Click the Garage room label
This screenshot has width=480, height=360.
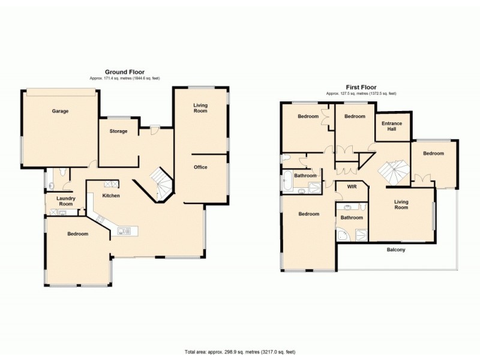[59, 111]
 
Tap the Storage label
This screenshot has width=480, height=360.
[118, 131]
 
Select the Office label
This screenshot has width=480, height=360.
[200, 167]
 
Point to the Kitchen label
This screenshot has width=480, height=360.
[111, 196]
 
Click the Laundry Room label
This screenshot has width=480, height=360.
[65, 201]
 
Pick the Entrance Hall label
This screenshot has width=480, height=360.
[392, 126]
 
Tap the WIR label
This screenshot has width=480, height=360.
[352, 187]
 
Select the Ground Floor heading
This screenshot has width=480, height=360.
[124, 72]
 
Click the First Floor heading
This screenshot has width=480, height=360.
[361, 88]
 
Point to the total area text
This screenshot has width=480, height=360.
[239, 352]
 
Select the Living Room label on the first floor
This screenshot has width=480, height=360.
[401, 205]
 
